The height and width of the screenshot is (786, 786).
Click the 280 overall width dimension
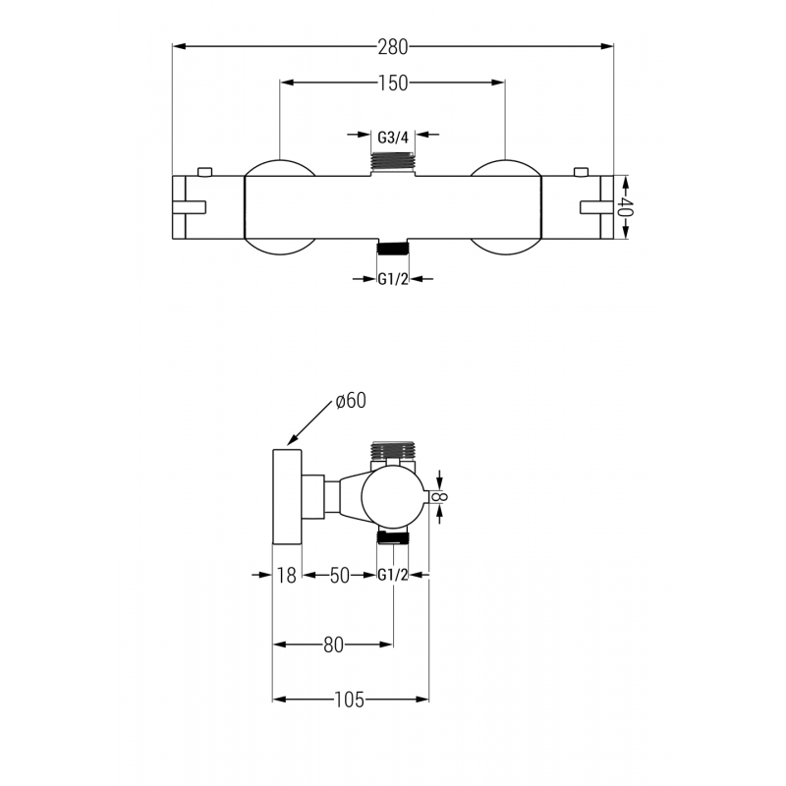[393, 45]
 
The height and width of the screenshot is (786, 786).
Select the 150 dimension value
[393, 84]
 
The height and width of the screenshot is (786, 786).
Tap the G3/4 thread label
[393, 136]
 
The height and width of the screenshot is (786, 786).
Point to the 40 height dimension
[625, 207]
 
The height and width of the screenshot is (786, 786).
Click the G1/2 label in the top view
[393, 279]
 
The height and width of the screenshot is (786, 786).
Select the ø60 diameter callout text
[350, 400]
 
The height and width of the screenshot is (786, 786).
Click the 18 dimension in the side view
[286, 576]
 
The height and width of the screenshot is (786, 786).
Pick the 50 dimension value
[339, 576]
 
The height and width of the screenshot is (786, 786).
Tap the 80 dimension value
[333, 646]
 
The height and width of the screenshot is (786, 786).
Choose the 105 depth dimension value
[349, 700]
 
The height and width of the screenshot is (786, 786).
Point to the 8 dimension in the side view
[441, 497]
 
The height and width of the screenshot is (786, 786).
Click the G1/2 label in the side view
[393, 576]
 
